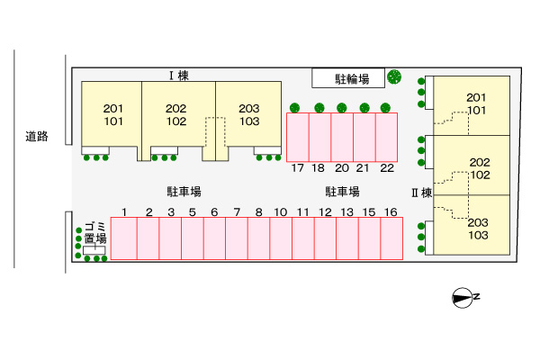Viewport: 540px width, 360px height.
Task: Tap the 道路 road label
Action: (37, 137)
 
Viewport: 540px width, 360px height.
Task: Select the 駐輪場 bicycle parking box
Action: (347, 78)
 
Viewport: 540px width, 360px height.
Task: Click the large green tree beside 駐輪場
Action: (394, 77)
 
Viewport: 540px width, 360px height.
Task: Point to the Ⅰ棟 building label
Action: (177, 76)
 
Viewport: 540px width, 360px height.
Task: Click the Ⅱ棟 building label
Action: (422, 192)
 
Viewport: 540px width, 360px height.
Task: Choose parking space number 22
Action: (387, 137)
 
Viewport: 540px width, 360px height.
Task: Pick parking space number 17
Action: (298, 137)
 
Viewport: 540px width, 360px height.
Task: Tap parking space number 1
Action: (125, 238)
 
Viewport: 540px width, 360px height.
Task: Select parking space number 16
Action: (391, 238)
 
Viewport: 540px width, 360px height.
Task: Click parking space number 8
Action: (258, 238)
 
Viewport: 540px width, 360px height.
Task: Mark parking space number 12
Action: (324, 238)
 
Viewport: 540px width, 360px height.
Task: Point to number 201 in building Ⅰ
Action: (114, 109)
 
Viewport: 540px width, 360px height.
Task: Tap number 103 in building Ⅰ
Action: (249, 121)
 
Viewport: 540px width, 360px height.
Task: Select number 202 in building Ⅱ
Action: (480, 163)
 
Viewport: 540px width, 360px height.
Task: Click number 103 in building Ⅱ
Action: (478, 235)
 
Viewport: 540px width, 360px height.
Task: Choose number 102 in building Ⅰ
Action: (176, 121)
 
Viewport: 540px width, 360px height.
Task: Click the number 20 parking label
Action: (342, 167)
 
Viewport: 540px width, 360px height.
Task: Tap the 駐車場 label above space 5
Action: (183, 192)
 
